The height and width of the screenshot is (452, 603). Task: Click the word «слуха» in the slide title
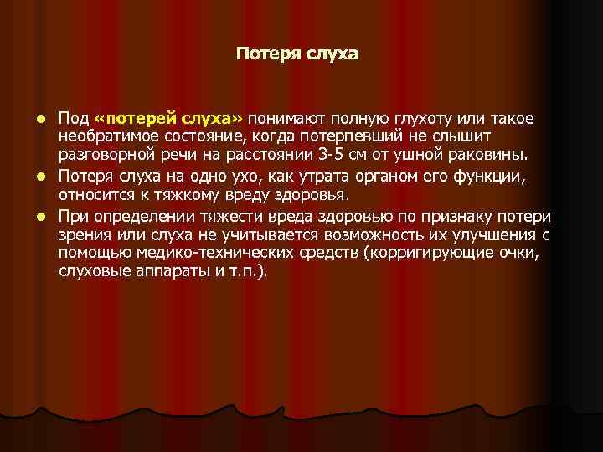(x=333, y=55)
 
